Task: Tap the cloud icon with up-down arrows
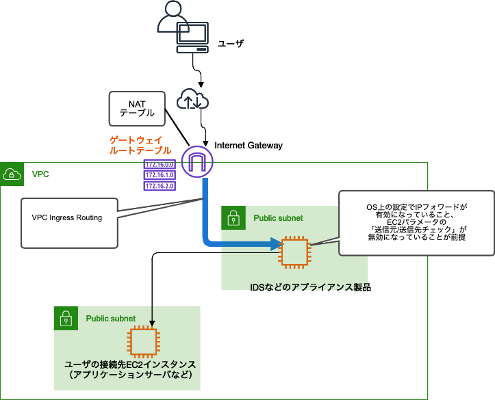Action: point(192,100)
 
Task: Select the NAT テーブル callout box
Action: point(137,108)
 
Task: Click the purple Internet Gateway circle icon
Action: point(199,162)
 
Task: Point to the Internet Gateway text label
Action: point(248,146)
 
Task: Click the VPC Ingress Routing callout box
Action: point(67,218)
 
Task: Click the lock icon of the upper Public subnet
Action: point(233,218)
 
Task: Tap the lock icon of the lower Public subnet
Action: point(66,318)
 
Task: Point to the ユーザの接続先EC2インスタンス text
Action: point(130,364)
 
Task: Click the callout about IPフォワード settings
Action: point(416,222)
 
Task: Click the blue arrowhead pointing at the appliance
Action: point(277,243)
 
